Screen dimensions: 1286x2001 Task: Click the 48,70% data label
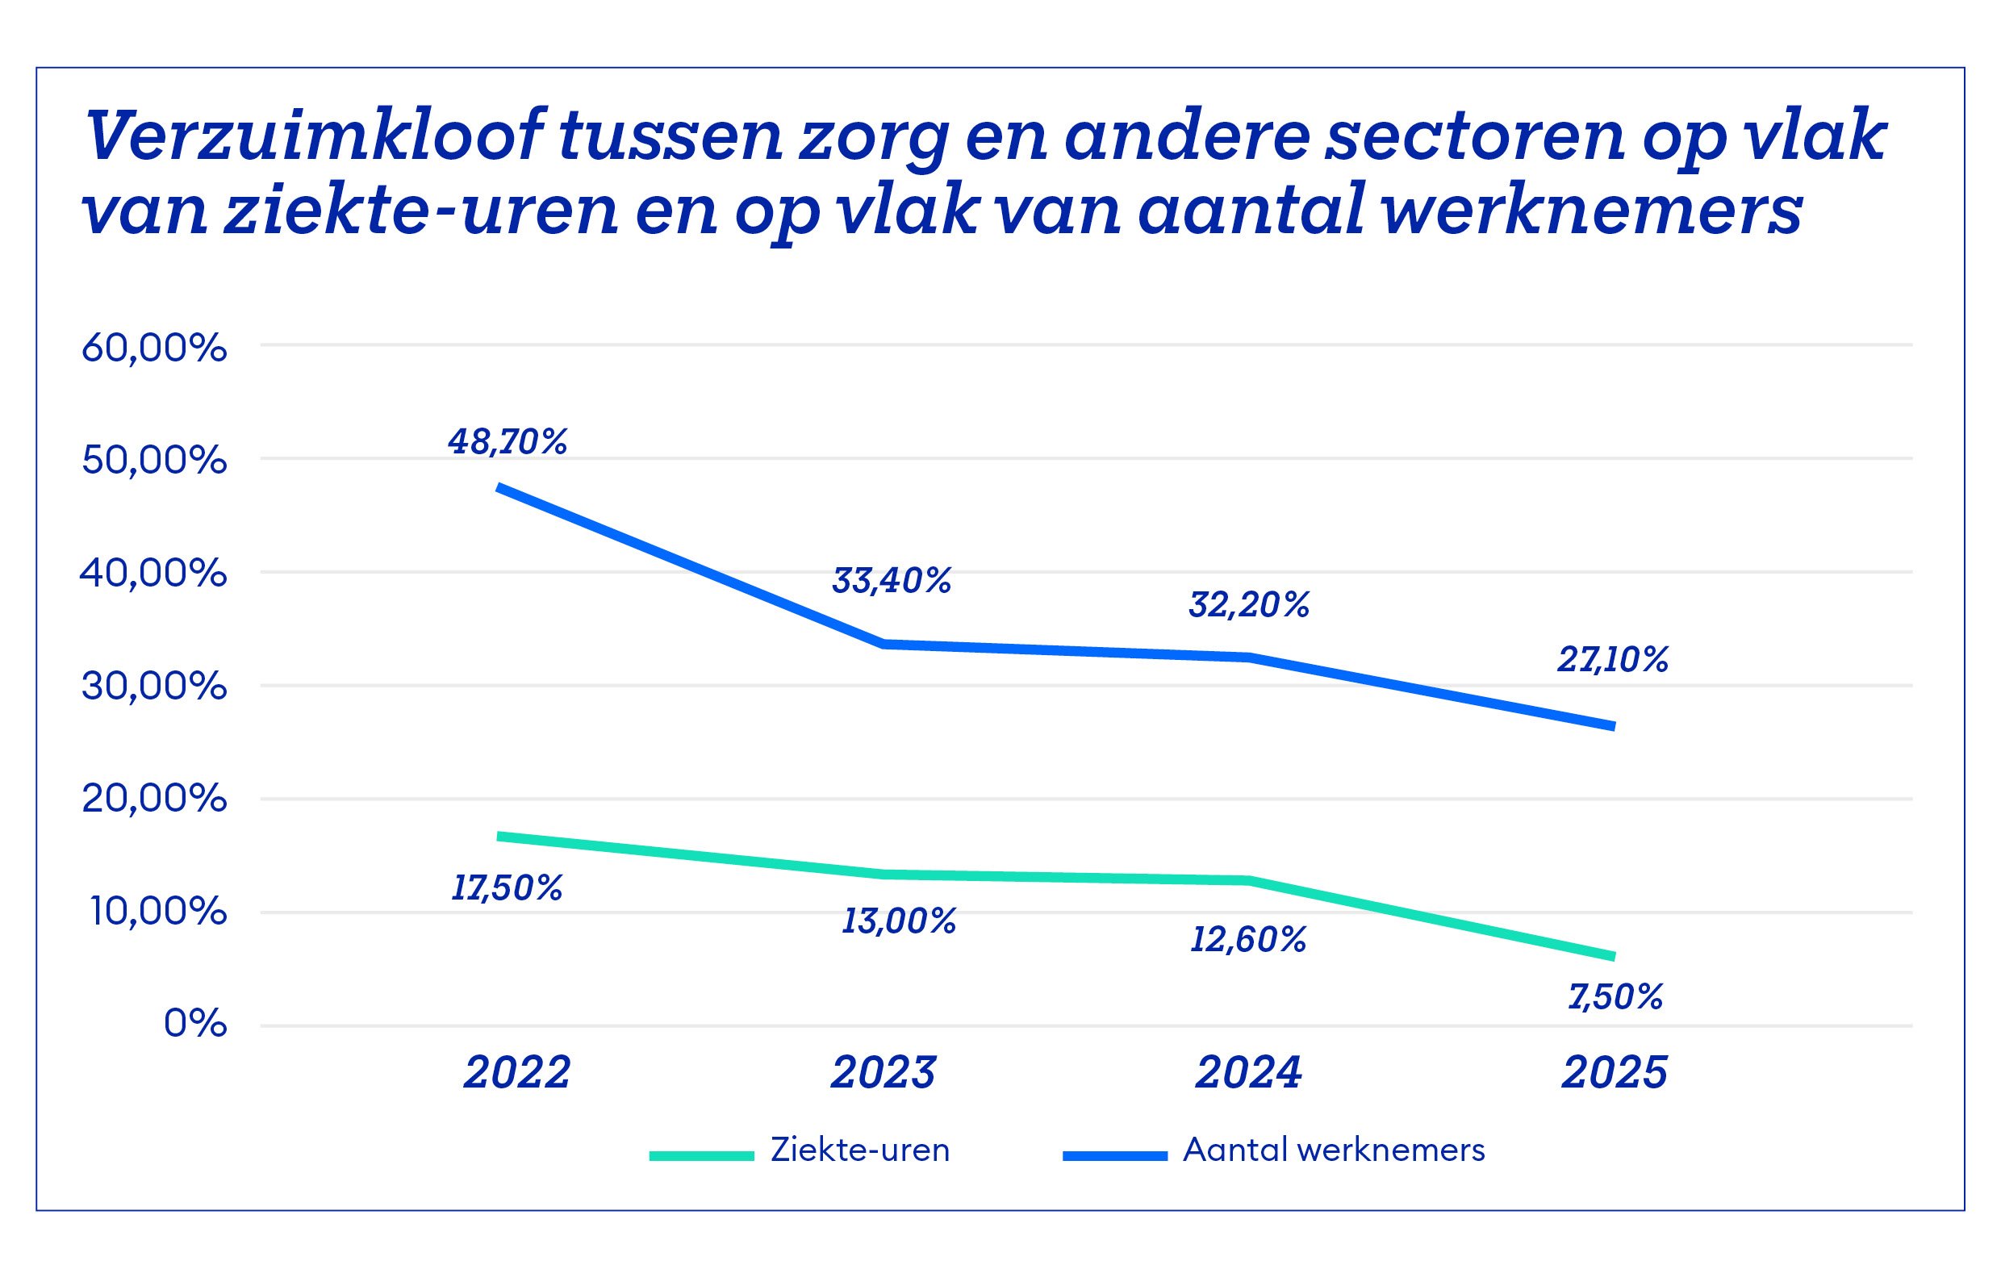click(x=507, y=442)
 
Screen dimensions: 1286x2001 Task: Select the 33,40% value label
click(x=891, y=580)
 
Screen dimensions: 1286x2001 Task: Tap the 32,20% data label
click(x=1248, y=604)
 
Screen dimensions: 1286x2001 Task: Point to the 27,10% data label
click(x=1612, y=660)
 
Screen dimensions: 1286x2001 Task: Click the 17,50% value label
click(x=506, y=887)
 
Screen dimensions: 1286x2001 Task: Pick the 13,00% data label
click(x=898, y=921)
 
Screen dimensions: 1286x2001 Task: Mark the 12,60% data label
click(x=1247, y=940)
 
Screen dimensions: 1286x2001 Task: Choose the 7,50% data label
click(x=1615, y=997)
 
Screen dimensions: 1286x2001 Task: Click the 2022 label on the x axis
click(x=517, y=1072)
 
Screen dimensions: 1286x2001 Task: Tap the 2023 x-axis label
click(x=883, y=1072)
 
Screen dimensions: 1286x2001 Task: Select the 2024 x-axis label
click(x=1248, y=1072)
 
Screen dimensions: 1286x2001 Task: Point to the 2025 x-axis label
click(x=1615, y=1072)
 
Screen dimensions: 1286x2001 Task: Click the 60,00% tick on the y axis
click(x=153, y=349)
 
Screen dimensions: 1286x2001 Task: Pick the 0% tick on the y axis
click(x=194, y=1023)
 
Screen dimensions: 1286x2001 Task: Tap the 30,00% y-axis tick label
click(x=153, y=687)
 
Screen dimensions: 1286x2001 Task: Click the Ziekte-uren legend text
click(x=860, y=1150)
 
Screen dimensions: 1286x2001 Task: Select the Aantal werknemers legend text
click(x=1334, y=1150)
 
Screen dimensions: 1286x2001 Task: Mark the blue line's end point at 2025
click(x=1613, y=725)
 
